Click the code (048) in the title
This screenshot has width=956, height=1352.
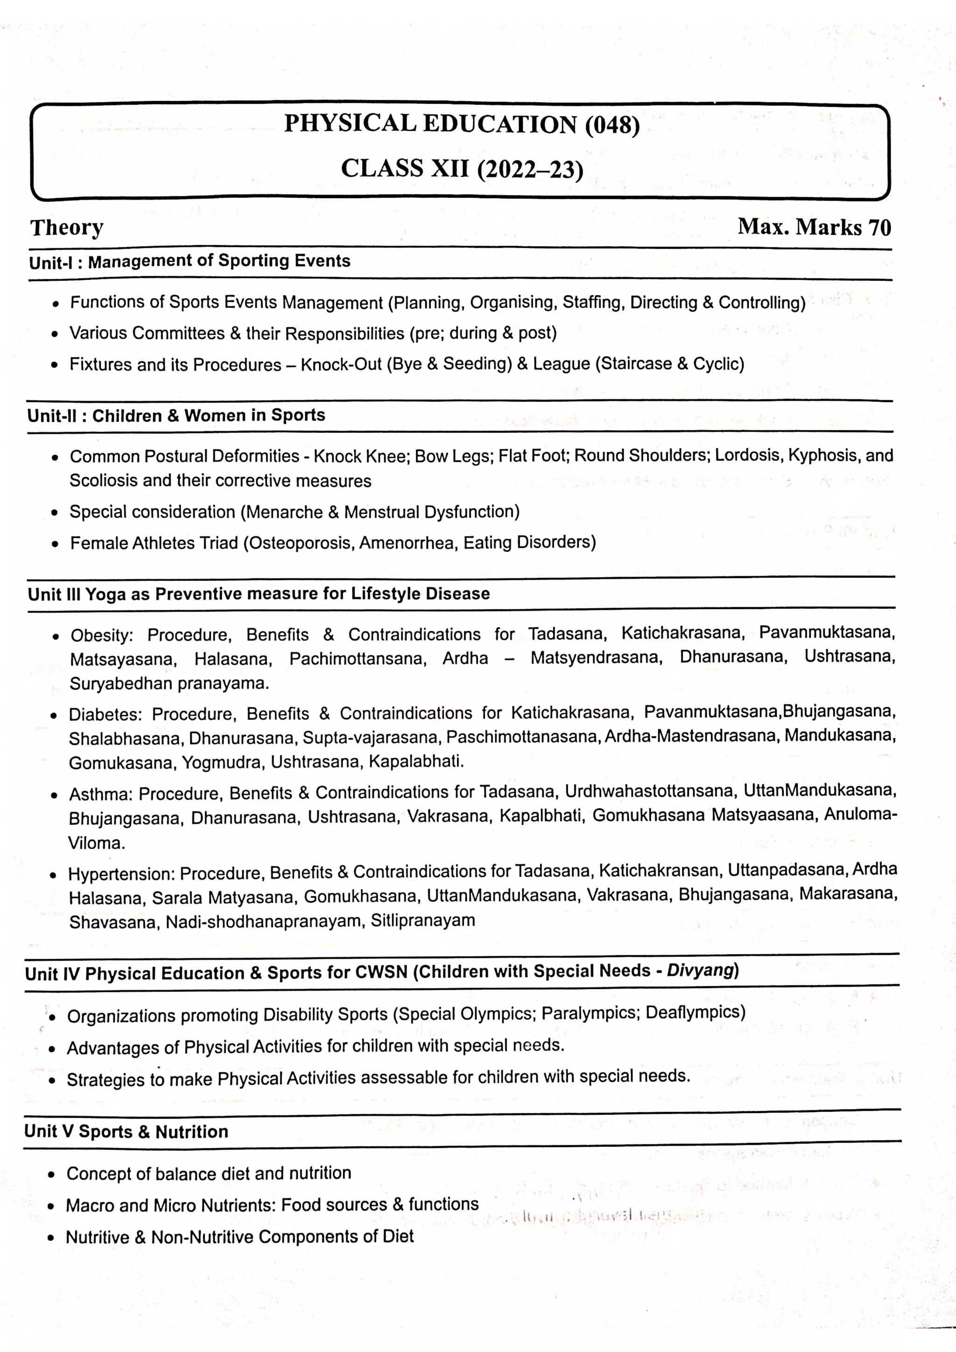coord(612,125)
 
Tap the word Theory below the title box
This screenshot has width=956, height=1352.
coord(67,228)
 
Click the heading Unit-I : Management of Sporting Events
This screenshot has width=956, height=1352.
coord(189,261)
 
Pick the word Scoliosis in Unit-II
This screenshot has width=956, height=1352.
coord(104,481)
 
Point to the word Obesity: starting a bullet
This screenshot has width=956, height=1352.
coord(102,635)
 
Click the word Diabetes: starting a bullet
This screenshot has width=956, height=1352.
coord(105,714)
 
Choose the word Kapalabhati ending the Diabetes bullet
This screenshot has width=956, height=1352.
coord(415,761)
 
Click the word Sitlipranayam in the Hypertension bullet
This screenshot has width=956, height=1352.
coord(422,920)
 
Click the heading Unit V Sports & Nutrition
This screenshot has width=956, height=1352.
coord(126,1132)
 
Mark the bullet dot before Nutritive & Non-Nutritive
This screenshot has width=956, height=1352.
coord(51,1238)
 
